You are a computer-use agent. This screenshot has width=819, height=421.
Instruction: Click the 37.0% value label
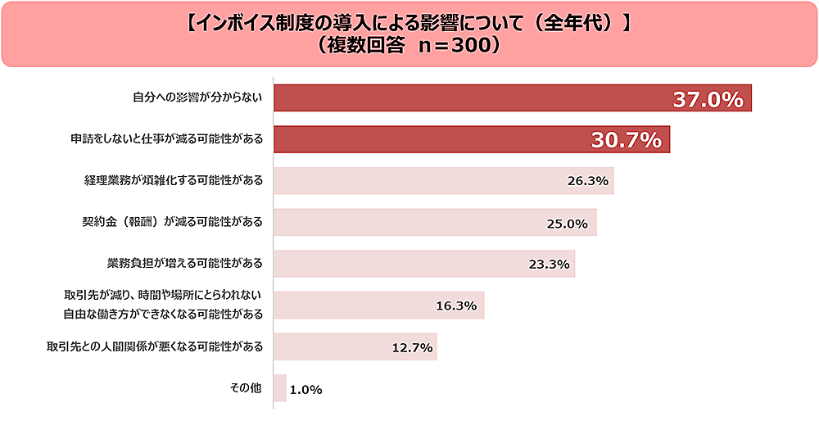coord(708,100)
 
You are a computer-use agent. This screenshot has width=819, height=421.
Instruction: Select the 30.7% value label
coord(626,141)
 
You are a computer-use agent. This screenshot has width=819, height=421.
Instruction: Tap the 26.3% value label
coord(587,181)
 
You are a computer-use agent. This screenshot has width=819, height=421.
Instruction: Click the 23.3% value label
coord(549,264)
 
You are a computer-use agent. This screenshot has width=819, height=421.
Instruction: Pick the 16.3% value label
coord(456,306)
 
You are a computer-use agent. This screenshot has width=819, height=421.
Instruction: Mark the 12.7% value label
coord(412,347)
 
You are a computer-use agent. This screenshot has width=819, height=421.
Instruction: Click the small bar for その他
coord(279,388)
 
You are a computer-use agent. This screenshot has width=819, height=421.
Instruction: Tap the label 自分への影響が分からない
coord(197,97)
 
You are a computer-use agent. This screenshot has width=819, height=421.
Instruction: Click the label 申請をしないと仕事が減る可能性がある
coord(166,139)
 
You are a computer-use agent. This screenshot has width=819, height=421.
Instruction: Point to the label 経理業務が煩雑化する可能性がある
coord(173,180)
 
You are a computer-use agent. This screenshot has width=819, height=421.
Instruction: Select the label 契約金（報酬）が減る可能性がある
coord(173,222)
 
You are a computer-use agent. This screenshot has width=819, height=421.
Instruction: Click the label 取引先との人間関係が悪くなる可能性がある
coord(155,346)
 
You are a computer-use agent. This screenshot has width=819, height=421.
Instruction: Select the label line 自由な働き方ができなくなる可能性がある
coord(163,314)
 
